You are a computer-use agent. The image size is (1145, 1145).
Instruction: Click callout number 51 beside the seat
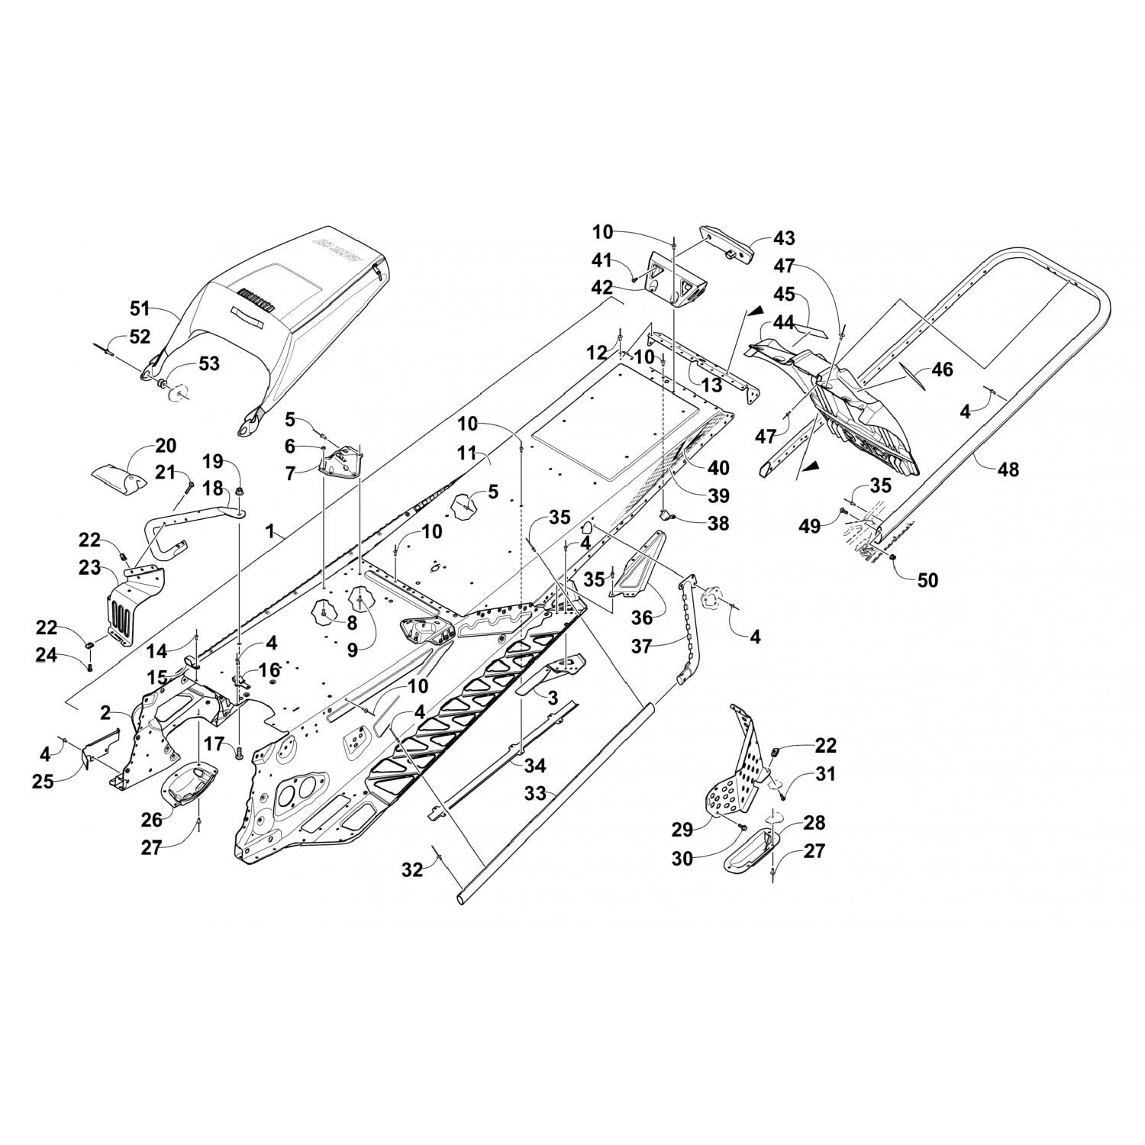pos(140,308)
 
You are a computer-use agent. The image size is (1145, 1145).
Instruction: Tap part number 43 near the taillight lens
pos(784,238)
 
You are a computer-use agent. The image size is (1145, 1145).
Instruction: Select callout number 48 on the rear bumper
pos(1008,469)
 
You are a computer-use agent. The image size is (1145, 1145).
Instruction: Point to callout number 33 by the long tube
pos(535,794)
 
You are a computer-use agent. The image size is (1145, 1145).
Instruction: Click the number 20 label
pos(166,446)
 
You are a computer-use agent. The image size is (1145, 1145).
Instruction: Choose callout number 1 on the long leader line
pos(269,532)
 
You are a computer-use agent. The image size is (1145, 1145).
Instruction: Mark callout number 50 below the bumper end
pos(927,580)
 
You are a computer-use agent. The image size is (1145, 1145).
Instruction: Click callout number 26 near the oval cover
pos(151,819)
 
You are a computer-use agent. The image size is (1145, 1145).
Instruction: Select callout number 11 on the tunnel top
pos(471,453)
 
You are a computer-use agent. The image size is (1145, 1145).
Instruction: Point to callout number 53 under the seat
pos(208,363)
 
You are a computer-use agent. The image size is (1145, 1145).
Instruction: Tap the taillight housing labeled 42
pos(676,278)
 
